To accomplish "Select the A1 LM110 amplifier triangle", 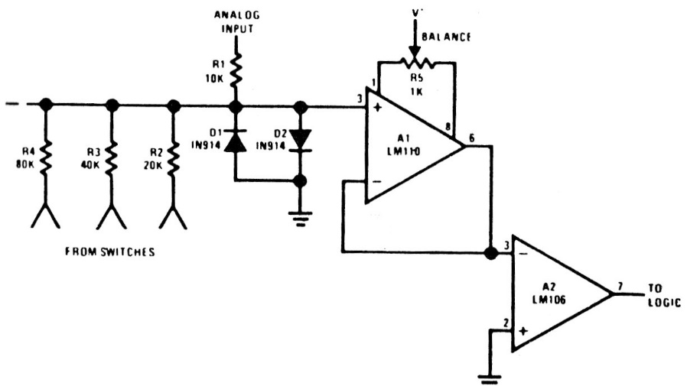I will (409, 145).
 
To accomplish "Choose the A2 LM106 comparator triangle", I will (558, 293).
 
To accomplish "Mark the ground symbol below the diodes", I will (301, 217).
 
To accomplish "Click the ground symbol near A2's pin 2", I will (486, 376).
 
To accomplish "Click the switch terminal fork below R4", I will (46, 216).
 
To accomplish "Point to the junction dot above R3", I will (112, 105).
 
